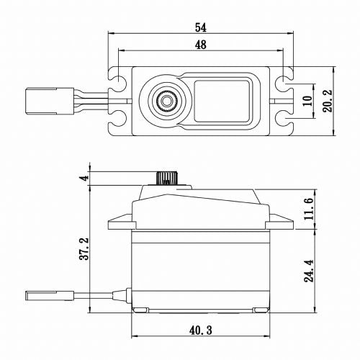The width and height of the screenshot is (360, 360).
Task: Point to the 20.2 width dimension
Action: tap(328, 102)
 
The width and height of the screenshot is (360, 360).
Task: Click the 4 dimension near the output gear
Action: tap(84, 178)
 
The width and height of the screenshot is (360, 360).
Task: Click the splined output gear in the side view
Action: tap(166, 178)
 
